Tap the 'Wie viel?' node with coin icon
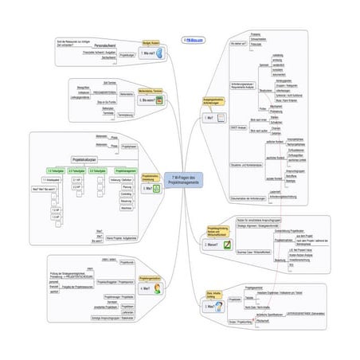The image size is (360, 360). [x=152, y=53]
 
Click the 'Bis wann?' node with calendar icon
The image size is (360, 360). [x=151, y=101]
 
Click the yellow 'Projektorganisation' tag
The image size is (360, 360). [x=151, y=278]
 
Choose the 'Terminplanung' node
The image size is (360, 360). [x=124, y=115]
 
